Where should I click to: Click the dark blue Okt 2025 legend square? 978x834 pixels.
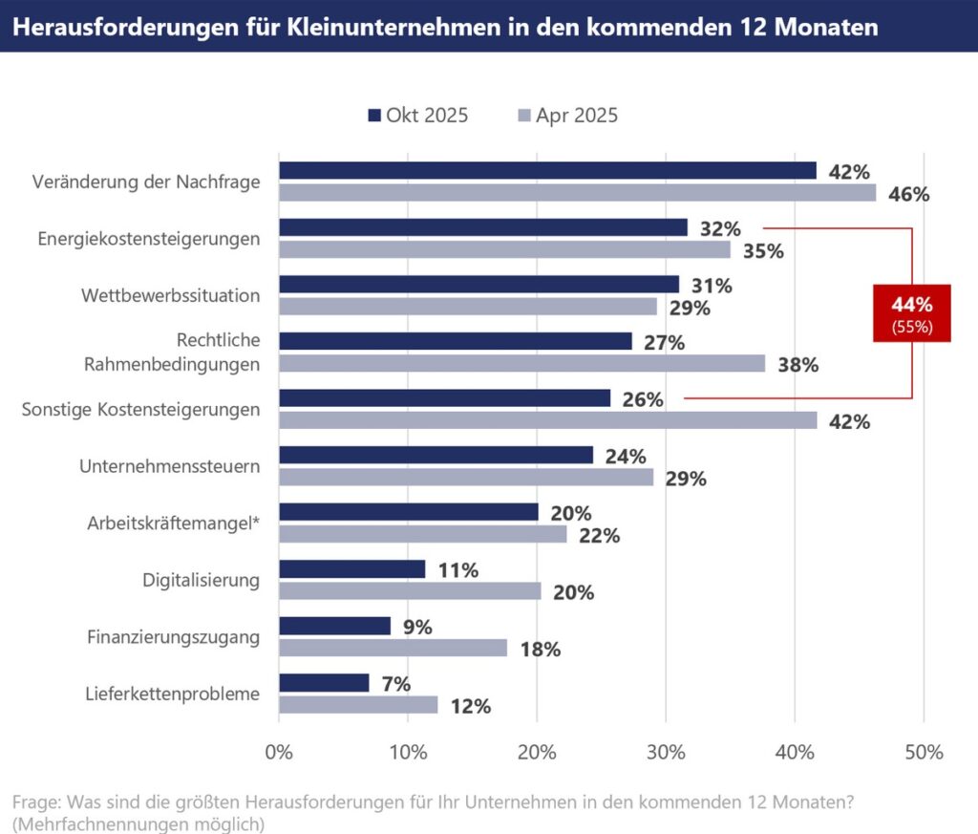[x=373, y=116]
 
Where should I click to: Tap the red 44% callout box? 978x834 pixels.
[x=911, y=313]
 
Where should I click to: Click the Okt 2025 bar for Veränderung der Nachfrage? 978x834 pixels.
[x=547, y=170]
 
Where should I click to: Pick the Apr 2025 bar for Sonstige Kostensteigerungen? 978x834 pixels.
[x=547, y=420]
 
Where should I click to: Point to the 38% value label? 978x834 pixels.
[x=797, y=365]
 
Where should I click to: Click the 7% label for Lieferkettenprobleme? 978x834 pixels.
[x=395, y=684]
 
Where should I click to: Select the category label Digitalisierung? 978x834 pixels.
[x=201, y=580]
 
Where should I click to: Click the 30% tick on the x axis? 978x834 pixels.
[x=666, y=752]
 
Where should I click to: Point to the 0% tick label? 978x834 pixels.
[x=279, y=752]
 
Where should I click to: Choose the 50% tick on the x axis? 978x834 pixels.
[x=924, y=752]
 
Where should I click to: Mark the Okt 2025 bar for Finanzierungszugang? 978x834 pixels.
[x=334, y=626]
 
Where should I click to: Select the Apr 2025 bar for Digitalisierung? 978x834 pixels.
[x=410, y=591]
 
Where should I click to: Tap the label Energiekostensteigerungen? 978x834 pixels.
[x=149, y=239]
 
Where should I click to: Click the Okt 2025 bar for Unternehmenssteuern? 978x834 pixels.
[x=436, y=455]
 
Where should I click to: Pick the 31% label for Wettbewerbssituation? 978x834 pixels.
[x=711, y=286]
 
